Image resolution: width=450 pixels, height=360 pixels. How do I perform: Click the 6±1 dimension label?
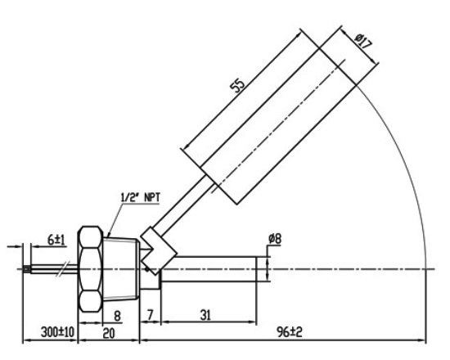(x=56, y=240)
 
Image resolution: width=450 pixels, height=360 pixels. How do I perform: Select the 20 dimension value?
(x=108, y=333)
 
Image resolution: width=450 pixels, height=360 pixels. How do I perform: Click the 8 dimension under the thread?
(x=118, y=314)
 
